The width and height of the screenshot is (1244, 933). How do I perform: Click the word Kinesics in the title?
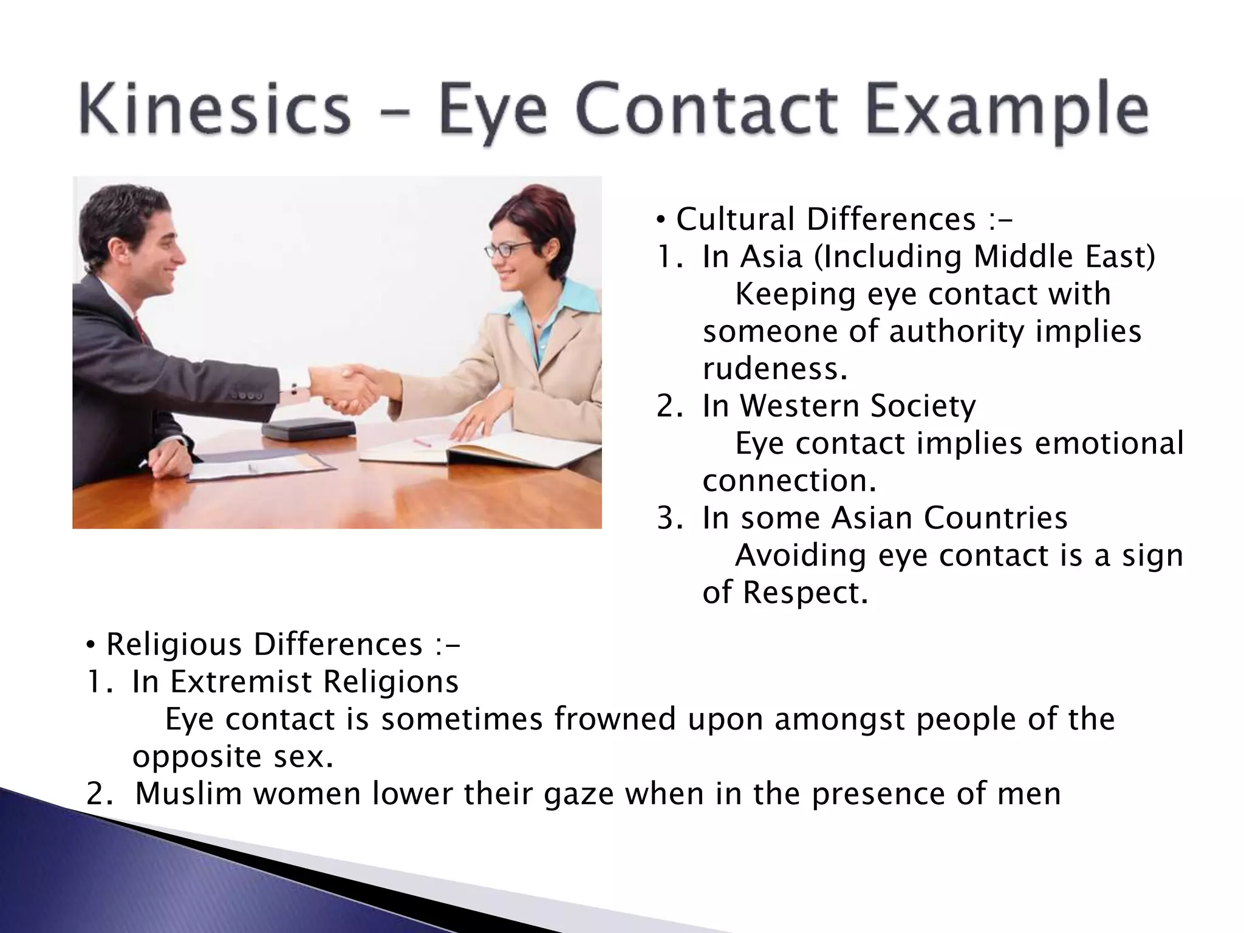pyautogui.click(x=214, y=111)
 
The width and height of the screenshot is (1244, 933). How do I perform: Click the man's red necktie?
pyautogui.click(x=140, y=329)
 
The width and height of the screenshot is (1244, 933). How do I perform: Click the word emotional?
pyautogui.click(x=1109, y=443)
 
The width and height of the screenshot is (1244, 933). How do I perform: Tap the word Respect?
pyautogui.click(x=805, y=592)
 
